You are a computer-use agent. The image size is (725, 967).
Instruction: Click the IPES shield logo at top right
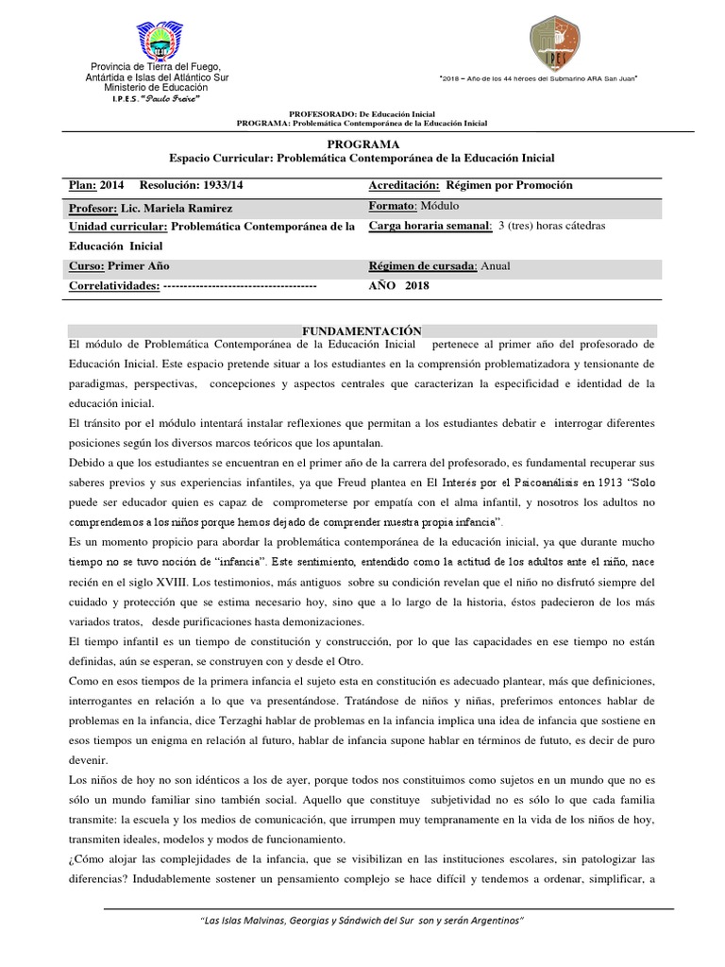pos(553,42)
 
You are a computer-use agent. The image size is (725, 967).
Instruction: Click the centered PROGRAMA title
pos(362,143)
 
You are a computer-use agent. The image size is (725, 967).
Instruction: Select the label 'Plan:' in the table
pos(83,185)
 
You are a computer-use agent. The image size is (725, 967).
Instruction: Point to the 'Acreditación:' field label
pos(406,185)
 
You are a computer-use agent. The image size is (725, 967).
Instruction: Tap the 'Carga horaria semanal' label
pos(430,227)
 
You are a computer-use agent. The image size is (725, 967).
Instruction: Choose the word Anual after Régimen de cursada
pos(495,266)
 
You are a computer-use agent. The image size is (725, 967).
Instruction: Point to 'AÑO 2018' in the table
pos(398,285)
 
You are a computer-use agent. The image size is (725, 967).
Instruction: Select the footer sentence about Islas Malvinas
pos(362,920)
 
